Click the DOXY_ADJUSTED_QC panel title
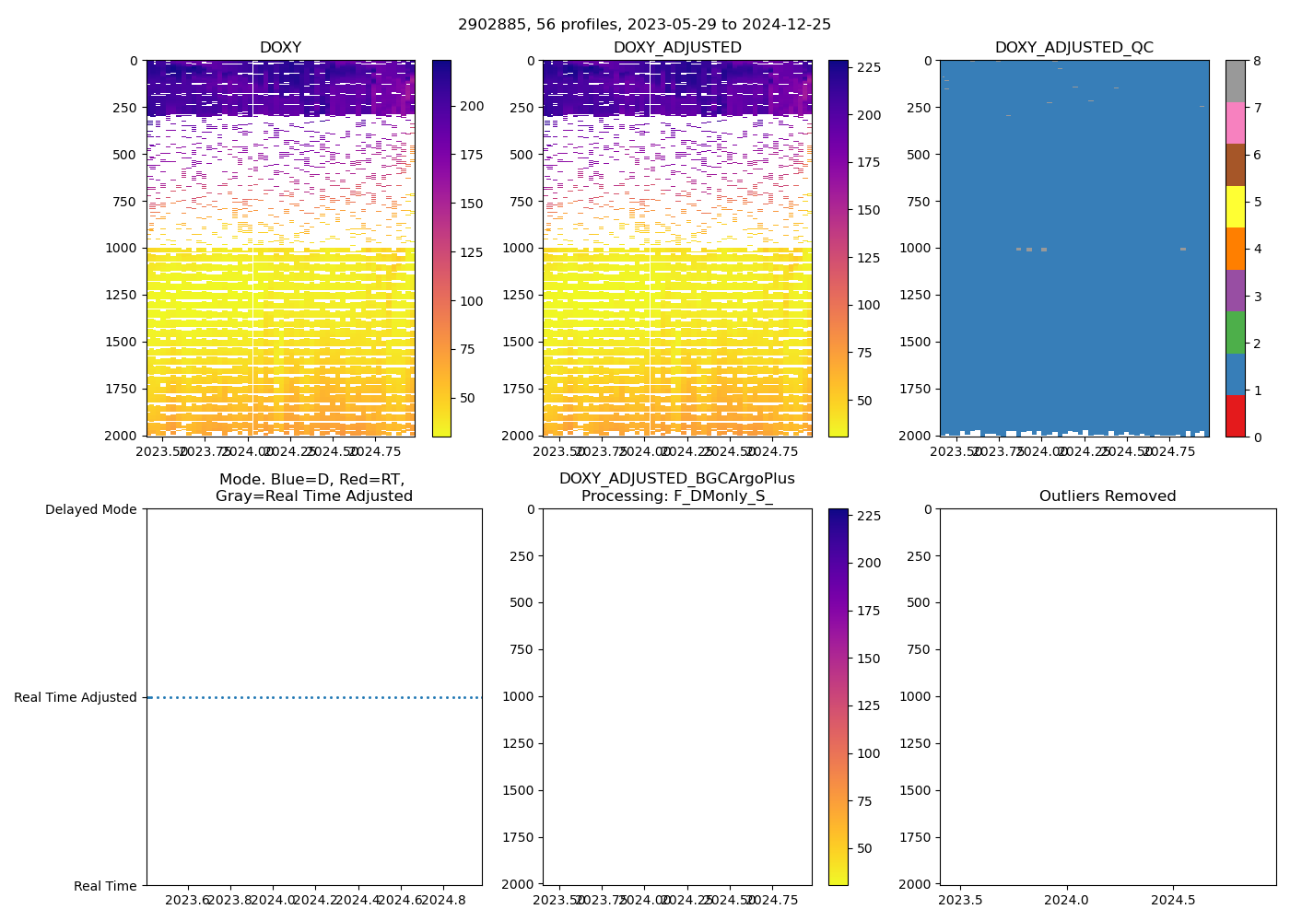coord(1073,48)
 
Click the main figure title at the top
coord(644,25)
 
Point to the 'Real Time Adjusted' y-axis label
coord(75,697)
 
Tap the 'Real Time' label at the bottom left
coord(105,886)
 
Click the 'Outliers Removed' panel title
coord(1108,496)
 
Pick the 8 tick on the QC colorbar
coord(1257,61)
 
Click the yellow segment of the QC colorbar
coord(1235,206)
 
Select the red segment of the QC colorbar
coord(1235,415)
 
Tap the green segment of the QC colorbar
coord(1235,332)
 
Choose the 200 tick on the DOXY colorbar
coord(472,107)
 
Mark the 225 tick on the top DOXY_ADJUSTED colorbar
coord(869,67)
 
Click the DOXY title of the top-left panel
coord(280,48)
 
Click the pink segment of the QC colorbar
coord(1235,122)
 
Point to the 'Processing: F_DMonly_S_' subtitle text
coord(676,496)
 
